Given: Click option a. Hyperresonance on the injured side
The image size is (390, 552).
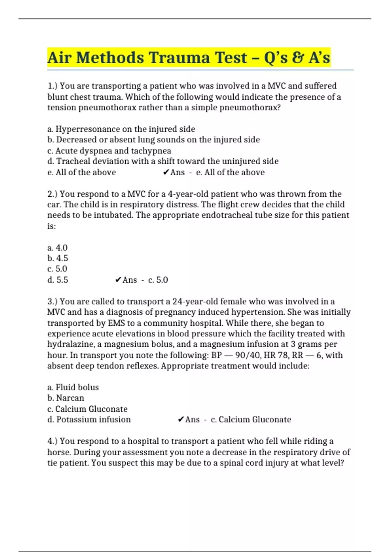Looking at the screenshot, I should pyautogui.click(x=121, y=129).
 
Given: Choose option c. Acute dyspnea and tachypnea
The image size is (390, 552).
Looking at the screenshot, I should pyautogui.click(x=109, y=151).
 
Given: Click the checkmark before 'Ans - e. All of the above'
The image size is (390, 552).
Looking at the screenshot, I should pyautogui.click(x=166, y=172).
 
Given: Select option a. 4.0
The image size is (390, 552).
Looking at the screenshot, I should pyautogui.click(x=58, y=248).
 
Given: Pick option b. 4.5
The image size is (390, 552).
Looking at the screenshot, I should pyautogui.click(x=58, y=258).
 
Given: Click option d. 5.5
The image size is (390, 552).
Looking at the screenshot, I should pyautogui.click(x=58, y=280).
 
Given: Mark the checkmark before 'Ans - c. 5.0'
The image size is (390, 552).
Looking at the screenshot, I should pyautogui.click(x=118, y=280).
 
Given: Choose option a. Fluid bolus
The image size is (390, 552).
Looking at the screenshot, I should pyautogui.click(x=73, y=387).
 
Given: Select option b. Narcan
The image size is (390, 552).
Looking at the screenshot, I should pyautogui.click(x=66, y=398).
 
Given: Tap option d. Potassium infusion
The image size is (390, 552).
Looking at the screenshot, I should pyautogui.click(x=89, y=420).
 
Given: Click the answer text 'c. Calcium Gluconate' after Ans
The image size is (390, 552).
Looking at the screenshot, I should pyautogui.click(x=251, y=420).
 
